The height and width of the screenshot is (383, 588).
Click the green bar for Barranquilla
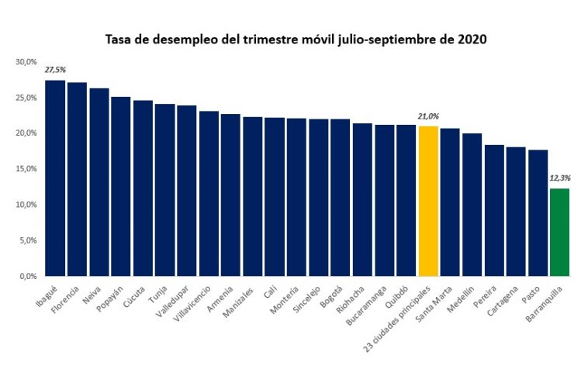(x=559, y=232)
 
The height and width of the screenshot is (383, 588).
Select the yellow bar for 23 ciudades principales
(x=428, y=201)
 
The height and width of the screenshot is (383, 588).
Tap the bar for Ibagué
(x=55, y=178)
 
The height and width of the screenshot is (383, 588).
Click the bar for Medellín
(x=472, y=205)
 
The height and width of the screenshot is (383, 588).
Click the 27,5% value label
(x=55, y=71)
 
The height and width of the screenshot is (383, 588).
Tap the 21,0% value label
(x=428, y=116)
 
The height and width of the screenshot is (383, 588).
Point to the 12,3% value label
(x=559, y=178)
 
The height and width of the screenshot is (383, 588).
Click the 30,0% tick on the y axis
(x=26, y=62)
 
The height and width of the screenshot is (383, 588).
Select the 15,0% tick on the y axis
(x=26, y=169)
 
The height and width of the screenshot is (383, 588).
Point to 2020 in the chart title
(x=472, y=39)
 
